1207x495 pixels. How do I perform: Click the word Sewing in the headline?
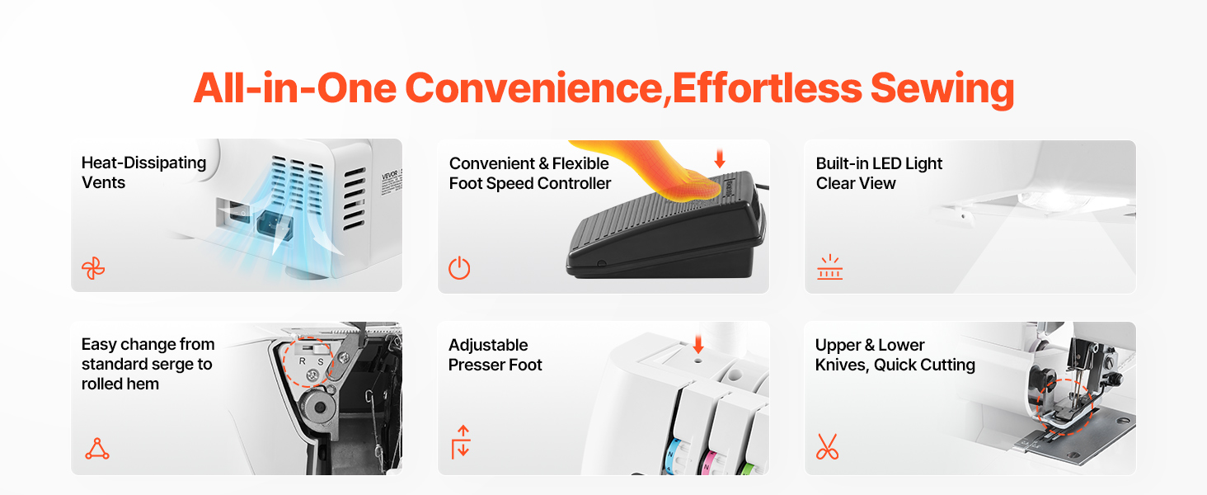tap(942, 89)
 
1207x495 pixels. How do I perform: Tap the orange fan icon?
tap(93, 268)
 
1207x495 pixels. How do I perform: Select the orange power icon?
tap(459, 268)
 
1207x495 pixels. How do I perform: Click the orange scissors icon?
tap(827, 446)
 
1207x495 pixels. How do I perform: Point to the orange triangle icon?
tap(97, 449)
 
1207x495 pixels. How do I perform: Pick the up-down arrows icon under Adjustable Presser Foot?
tap(461, 441)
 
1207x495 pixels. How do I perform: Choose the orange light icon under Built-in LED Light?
tap(829, 267)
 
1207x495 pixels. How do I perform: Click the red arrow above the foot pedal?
tap(720, 158)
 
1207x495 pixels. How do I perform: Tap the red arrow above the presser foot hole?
tap(698, 344)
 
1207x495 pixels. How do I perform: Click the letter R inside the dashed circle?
tap(303, 361)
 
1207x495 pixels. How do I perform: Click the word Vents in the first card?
tap(103, 183)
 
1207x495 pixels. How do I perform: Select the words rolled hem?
tap(120, 384)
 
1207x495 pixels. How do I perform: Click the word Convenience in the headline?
tap(533, 89)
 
